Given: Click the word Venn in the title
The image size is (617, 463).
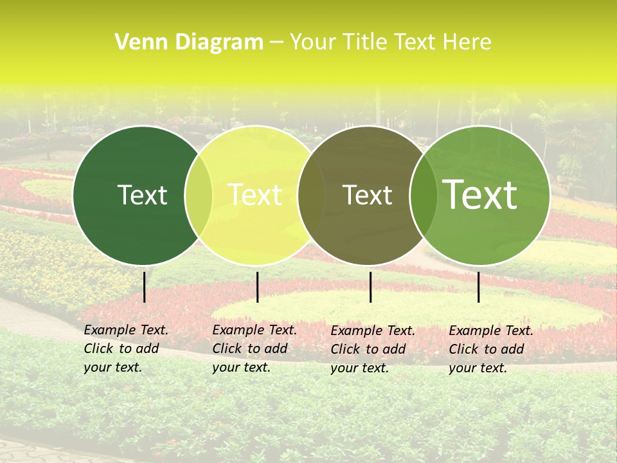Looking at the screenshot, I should pyautogui.click(x=137, y=42).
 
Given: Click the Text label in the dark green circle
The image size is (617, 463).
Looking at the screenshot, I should pyautogui.click(x=142, y=195).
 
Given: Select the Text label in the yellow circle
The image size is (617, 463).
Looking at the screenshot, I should pyautogui.click(x=255, y=195).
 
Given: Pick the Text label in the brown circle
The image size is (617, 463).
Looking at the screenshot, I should pyautogui.click(x=367, y=195).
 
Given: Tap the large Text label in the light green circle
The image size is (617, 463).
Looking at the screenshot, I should pyautogui.click(x=480, y=195).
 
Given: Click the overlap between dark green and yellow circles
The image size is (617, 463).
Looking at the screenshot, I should pyautogui.click(x=199, y=195).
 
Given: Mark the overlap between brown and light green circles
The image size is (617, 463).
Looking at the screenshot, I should pyautogui.click(x=422, y=195).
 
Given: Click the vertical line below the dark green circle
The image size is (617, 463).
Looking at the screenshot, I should pyautogui.click(x=144, y=287).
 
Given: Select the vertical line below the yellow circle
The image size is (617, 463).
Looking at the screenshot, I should pyautogui.click(x=257, y=287).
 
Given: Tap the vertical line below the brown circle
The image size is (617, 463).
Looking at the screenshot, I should pyautogui.click(x=370, y=287).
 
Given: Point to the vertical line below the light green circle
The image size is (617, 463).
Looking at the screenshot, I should pyautogui.click(x=478, y=287).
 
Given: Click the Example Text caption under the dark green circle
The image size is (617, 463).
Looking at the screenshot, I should pyautogui.click(x=125, y=349).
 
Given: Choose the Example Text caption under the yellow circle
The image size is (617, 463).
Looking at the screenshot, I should pyautogui.click(x=254, y=349).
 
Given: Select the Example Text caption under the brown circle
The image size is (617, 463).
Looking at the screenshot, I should pyautogui.click(x=372, y=349).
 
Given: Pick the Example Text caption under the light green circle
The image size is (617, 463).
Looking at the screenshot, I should pyautogui.click(x=490, y=349).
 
